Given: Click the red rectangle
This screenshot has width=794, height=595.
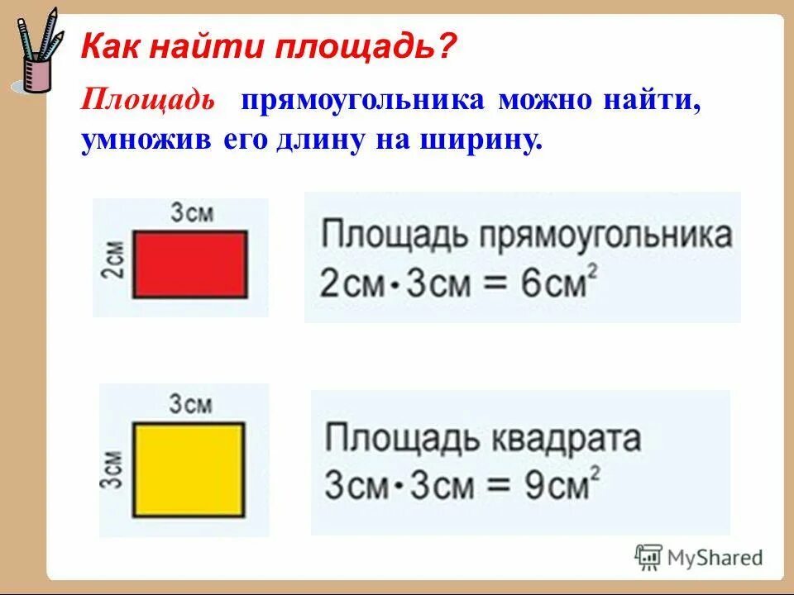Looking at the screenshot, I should click(x=190, y=264).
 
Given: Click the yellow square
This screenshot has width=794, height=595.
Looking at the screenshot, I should click(x=189, y=468).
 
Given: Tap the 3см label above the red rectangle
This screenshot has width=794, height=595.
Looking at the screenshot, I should click(x=193, y=214).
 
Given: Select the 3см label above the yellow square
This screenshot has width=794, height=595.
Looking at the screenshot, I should click(x=191, y=405).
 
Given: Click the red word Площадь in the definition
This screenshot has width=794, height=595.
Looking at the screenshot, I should click(x=148, y=102).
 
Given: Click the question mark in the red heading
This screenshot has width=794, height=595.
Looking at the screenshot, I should click(x=446, y=47).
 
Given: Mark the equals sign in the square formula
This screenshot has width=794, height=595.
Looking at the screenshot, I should click(x=487, y=486).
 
